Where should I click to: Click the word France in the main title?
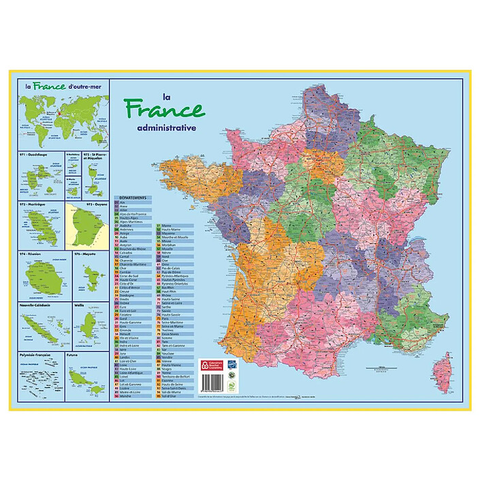tap(163, 110)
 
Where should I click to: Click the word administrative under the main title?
tap(166, 127)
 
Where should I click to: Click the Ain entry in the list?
tap(123, 202)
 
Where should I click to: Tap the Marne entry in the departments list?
tap(166, 225)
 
